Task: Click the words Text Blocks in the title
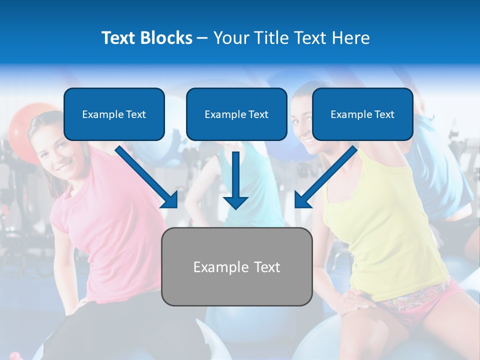tap(146, 38)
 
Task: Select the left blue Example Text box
tap(114, 114)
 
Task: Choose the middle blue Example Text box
tap(236, 114)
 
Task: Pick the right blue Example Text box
tap(362, 114)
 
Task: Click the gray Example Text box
tap(236, 267)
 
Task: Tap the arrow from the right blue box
tap(326, 176)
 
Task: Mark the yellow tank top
tap(385, 220)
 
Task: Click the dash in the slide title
tap(202, 38)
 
